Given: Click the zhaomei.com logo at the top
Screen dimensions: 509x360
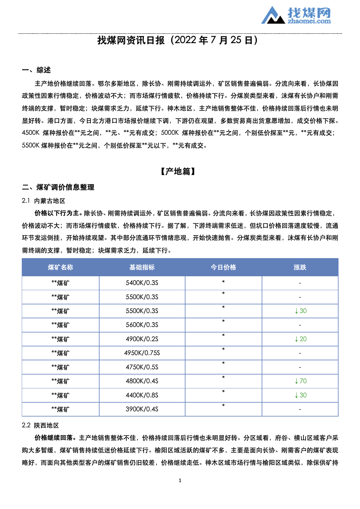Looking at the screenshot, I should [x=296, y=15].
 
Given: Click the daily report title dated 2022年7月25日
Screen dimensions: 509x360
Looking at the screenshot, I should [x=178, y=40].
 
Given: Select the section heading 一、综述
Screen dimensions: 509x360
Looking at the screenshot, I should [x=36, y=70].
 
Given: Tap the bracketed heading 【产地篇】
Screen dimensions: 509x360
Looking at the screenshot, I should [x=178, y=172].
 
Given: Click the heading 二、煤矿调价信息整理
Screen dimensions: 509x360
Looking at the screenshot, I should [x=58, y=187].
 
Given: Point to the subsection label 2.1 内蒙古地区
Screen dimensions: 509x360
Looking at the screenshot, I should [x=44, y=201].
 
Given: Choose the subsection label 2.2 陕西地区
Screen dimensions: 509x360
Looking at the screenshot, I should [x=40, y=426].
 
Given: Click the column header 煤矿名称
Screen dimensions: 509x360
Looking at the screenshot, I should [x=61, y=267].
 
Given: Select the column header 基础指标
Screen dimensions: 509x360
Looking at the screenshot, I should [x=142, y=267].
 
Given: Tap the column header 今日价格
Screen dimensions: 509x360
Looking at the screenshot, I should [x=223, y=267].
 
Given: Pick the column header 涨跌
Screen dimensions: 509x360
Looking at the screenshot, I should [x=300, y=267].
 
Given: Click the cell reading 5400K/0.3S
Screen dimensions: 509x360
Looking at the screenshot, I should [x=142, y=283].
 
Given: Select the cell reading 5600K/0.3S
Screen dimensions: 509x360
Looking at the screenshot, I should [x=142, y=325].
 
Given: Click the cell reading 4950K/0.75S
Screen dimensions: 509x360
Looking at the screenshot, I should [x=142, y=353].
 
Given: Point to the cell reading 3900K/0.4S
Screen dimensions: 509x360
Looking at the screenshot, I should [x=142, y=409].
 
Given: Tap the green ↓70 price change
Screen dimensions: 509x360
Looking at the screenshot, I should [x=301, y=381].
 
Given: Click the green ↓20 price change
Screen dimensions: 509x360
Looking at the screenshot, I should [x=301, y=339].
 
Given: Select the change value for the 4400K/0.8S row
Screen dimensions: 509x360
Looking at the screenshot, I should [x=301, y=395].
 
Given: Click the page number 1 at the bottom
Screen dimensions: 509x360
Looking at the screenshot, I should [x=180, y=481].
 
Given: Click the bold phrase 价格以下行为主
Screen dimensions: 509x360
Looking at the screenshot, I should [x=58, y=213].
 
